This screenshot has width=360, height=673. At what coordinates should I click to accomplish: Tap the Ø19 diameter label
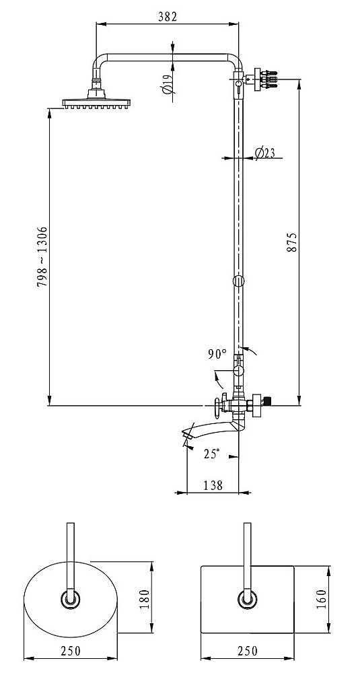pyautogui.click(x=168, y=83)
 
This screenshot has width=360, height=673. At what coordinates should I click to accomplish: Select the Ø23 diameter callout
pyautogui.click(x=264, y=153)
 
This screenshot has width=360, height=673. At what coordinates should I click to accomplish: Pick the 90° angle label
pyautogui.click(x=217, y=354)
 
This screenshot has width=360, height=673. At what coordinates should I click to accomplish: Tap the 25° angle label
pyautogui.click(x=211, y=454)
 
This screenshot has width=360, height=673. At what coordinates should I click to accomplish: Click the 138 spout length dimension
pyautogui.click(x=213, y=485)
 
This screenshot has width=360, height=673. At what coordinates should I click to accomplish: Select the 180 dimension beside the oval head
pyautogui.click(x=144, y=598)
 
